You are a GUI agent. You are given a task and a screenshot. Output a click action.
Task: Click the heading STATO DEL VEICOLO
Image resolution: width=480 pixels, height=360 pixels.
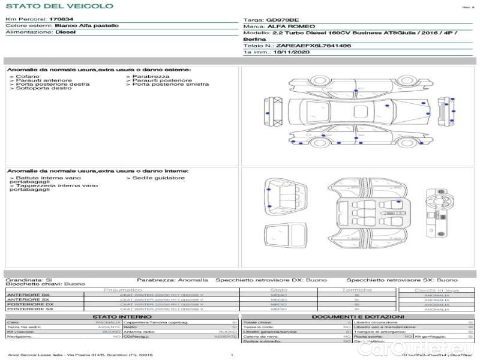[x=59, y=6]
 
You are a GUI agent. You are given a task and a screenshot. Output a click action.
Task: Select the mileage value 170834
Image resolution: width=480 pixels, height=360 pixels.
[x=61, y=19]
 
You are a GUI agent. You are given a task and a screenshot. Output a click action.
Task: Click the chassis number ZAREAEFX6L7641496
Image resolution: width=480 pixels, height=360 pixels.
[x=313, y=46]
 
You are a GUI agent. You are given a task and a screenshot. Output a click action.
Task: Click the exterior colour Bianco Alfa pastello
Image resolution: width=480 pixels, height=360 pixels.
[x=86, y=26]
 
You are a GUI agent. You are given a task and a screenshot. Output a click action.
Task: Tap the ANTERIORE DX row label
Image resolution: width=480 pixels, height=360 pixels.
[x=28, y=295]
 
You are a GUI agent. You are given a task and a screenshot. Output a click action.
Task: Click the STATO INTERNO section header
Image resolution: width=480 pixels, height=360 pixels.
[x=118, y=316]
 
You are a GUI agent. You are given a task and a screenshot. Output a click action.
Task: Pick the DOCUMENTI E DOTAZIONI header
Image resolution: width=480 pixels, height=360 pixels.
[x=358, y=316]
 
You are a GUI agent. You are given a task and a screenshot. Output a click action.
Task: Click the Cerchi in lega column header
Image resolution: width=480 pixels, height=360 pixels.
[x=436, y=290]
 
